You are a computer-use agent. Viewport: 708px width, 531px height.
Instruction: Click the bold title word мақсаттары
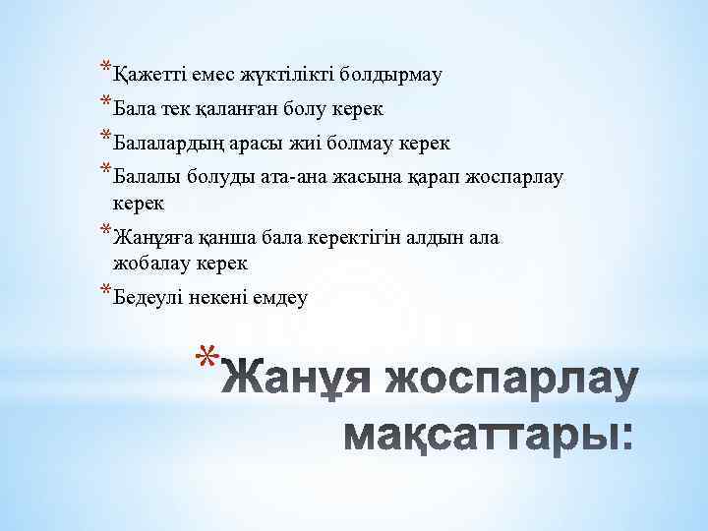pyautogui.click(x=489, y=433)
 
